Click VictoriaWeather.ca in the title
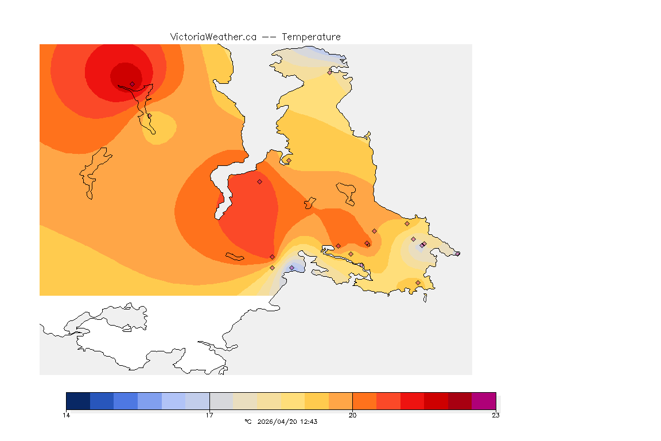click(213, 37)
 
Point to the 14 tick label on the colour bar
click(67, 415)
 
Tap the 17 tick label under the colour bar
click(209, 415)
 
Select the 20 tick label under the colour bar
click(352, 415)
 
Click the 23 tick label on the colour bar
click(495, 415)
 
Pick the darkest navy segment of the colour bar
click(78, 401)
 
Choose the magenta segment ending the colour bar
click(484, 401)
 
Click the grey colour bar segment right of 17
click(221, 401)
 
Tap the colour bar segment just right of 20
click(364, 401)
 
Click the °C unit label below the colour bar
click(248, 421)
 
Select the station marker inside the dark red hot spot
click(132, 84)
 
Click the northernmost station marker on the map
click(329, 72)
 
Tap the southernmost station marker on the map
click(418, 283)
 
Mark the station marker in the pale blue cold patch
click(292, 268)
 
